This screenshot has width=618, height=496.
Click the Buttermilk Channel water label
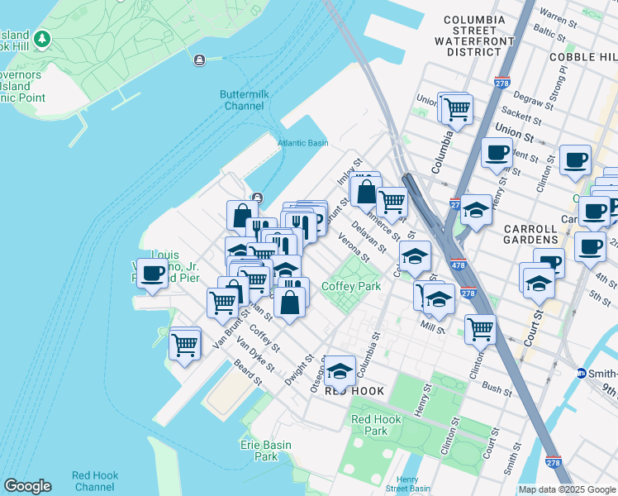[244, 100]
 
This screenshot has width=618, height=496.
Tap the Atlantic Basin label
[302, 143]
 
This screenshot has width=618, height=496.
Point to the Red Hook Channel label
[94, 481]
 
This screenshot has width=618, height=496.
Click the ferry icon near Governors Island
[199, 59]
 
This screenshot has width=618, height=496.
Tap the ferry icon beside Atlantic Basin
[259, 198]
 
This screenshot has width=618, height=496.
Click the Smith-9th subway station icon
[582, 374]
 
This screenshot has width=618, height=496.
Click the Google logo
[27, 486]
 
